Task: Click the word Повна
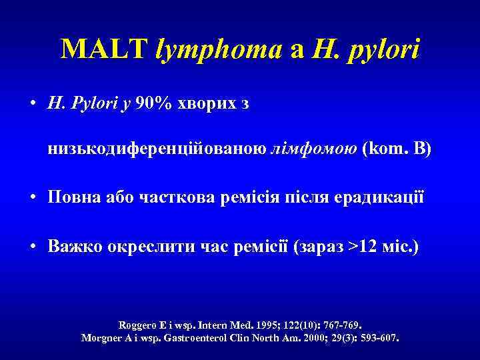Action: click(x=74, y=199)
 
